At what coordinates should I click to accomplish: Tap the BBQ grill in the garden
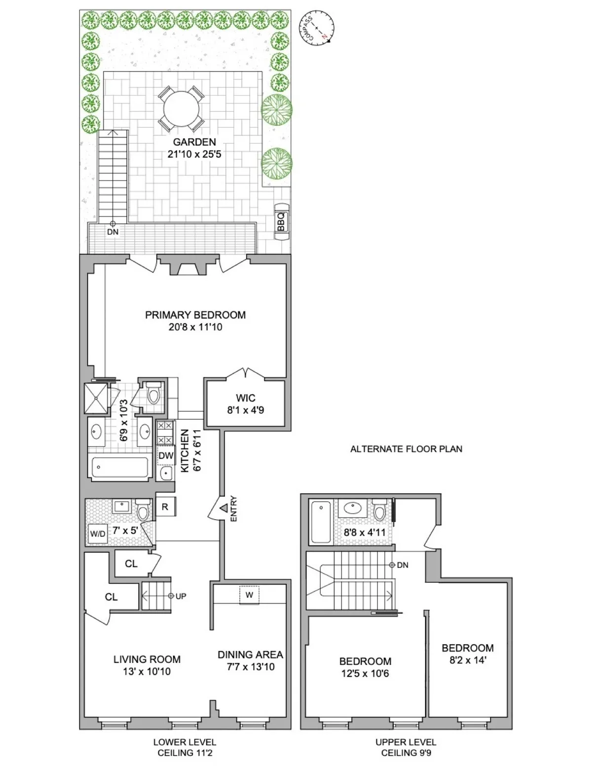point(281,222)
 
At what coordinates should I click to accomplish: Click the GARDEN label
point(194,142)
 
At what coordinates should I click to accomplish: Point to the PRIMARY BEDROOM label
point(195,315)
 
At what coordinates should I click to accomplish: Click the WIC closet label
point(245,398)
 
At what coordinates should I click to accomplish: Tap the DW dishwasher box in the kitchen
point(166,455)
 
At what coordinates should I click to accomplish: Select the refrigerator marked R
point(165,507)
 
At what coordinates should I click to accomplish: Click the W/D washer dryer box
point(97,533)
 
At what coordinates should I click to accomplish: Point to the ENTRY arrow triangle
point(223,508)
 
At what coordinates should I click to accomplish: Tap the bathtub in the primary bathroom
point(120,467)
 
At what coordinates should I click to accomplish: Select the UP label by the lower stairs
point(181,596)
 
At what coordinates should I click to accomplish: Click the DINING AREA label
point(250,655)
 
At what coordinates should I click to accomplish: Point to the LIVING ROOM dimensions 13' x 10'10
point(147,671)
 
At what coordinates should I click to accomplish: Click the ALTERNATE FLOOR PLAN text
point(406,449)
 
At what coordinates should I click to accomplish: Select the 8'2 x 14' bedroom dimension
point(467,659)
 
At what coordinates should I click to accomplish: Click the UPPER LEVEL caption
point(406,742)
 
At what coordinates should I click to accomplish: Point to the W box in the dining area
point(249,595)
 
